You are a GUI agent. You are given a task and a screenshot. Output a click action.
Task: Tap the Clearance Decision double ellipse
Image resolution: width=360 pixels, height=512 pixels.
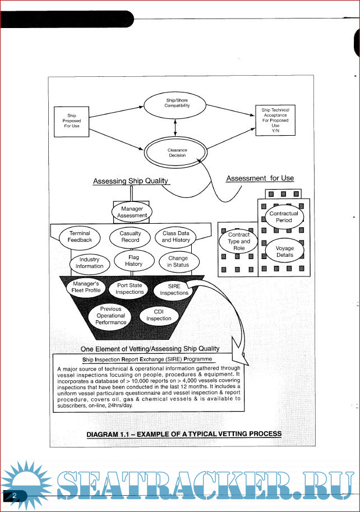point(177,153)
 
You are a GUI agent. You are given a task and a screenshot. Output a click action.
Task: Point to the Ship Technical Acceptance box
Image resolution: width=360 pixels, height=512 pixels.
point(275,121)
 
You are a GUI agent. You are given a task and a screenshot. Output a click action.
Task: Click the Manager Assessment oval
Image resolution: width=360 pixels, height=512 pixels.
point(132,212)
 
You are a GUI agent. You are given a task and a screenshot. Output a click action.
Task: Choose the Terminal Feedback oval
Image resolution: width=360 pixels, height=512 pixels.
point(80,237)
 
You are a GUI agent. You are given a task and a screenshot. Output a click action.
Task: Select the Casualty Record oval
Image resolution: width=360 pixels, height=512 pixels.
point(130,237)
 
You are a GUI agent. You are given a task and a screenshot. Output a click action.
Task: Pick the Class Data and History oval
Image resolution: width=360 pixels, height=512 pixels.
point(176,237)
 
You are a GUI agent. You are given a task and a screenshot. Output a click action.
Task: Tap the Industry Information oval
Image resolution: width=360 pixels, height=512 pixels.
point(89,262)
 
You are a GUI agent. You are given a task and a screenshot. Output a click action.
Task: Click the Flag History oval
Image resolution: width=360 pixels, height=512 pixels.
point(133,260)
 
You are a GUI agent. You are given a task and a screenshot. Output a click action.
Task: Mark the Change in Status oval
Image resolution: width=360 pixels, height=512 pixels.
point(178,261)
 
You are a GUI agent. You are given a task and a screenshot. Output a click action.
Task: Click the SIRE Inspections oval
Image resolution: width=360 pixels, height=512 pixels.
point(174,289)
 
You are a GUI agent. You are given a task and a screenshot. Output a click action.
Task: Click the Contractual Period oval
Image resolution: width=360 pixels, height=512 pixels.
point(284,217)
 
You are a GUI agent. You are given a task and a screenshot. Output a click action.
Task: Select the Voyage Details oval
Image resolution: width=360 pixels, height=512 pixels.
point(285,251)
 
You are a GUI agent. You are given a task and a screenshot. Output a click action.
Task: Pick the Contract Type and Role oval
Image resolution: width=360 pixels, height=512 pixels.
point(239,241)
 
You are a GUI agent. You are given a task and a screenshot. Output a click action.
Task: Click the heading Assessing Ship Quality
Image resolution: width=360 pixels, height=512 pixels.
point(131,181)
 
